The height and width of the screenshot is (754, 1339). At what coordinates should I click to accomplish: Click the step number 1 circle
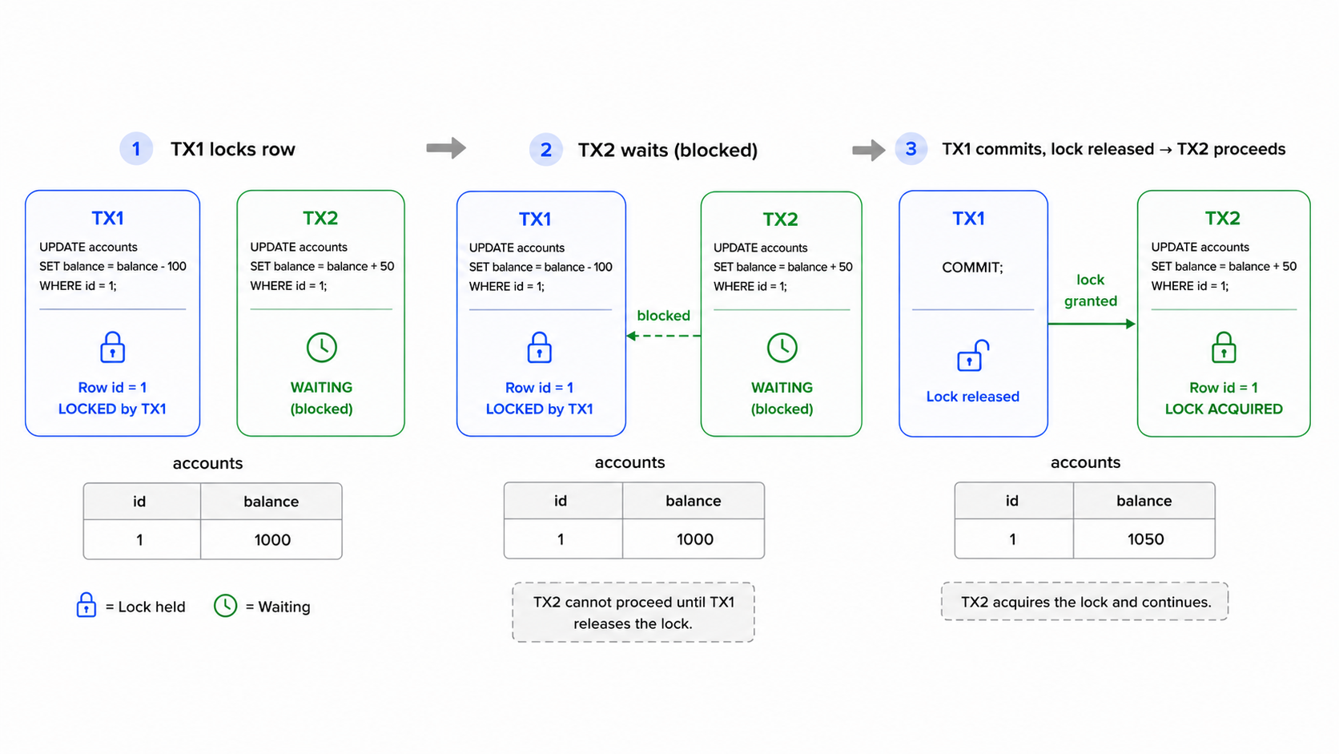coord(136,149)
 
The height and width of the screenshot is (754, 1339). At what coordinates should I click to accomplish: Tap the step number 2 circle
coord(545,150)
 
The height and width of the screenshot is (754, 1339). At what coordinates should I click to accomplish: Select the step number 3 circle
coord(911,149)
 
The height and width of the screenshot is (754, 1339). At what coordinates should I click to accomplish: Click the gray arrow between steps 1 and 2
coord(446,148)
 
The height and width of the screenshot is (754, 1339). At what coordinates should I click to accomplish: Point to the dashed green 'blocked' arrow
coord(664,336)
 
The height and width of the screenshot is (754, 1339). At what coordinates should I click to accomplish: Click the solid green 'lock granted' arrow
coord(1092,324)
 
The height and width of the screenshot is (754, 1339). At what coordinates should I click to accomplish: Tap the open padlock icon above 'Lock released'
coord(972,356)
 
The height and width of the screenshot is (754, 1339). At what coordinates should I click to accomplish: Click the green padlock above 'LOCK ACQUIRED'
coord(1224,348)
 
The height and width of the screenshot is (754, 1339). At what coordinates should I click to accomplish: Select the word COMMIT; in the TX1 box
coord(972,268)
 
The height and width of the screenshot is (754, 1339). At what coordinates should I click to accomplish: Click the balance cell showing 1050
coord(1144,538)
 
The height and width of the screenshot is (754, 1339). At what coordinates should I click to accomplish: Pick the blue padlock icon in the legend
coord(86,605)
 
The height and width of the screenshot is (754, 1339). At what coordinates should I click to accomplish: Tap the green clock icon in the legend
coord(225,606)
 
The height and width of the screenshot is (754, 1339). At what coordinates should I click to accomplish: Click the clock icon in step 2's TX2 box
coord(782,348)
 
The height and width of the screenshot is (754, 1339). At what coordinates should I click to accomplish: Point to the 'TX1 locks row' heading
coord(232,149)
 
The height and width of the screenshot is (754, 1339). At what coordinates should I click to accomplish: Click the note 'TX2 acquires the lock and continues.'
coord(1086,602)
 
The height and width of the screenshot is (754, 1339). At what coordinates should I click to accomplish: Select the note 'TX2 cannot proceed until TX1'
coord(633,602)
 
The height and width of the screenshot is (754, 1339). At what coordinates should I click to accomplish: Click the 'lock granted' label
coord(1091,290)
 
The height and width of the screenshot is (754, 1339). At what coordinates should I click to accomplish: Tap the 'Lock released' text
coord(972,397)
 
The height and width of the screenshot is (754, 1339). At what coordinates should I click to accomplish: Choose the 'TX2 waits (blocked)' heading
coord(668,150)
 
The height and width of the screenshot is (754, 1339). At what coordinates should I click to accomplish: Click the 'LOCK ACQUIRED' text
coord(1224,409)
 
